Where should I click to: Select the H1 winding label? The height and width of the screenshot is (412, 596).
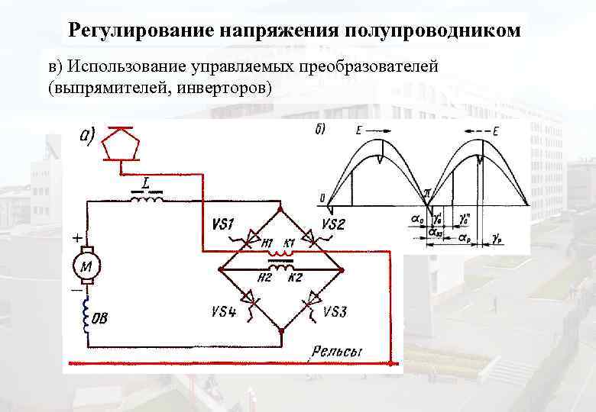point(267,244)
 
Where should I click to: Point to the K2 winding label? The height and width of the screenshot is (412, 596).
point(296,277)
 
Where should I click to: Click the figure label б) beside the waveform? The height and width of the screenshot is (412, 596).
point(320,128)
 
